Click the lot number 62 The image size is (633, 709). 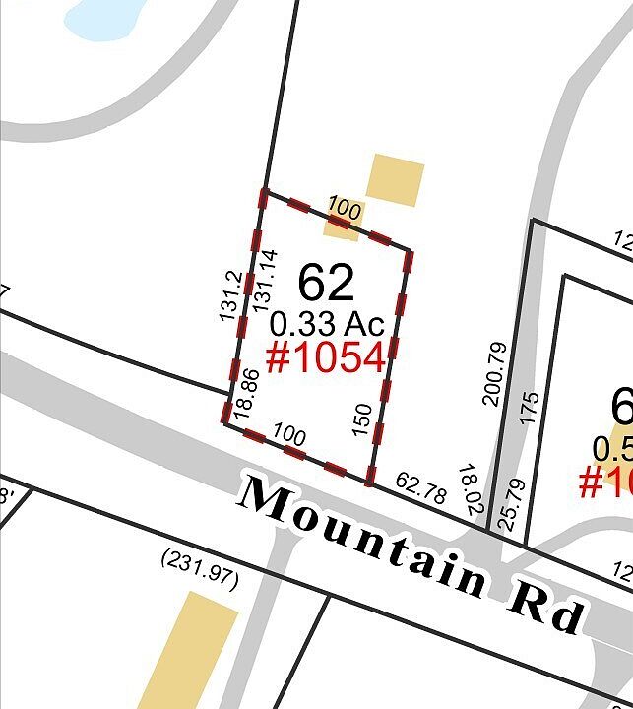(x=326, y=283)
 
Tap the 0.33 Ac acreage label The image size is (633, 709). (x=327, y=323)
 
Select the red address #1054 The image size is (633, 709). (x=326, y=358)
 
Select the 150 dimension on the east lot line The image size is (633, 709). (x=362, y=420)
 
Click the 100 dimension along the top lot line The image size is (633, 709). (x=344, y=209)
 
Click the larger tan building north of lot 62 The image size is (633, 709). (x=396, y=179)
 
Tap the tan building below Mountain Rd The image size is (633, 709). (x=188, y=650)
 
